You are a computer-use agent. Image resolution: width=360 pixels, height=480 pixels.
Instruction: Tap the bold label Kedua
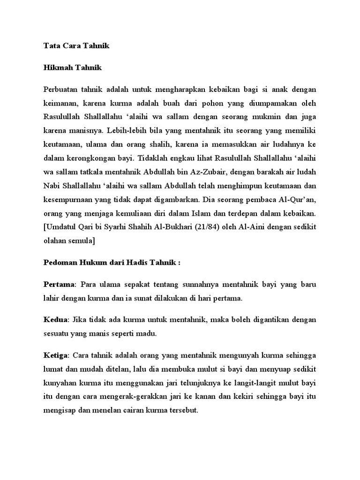pyautogui.click(x=56, y=319)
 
